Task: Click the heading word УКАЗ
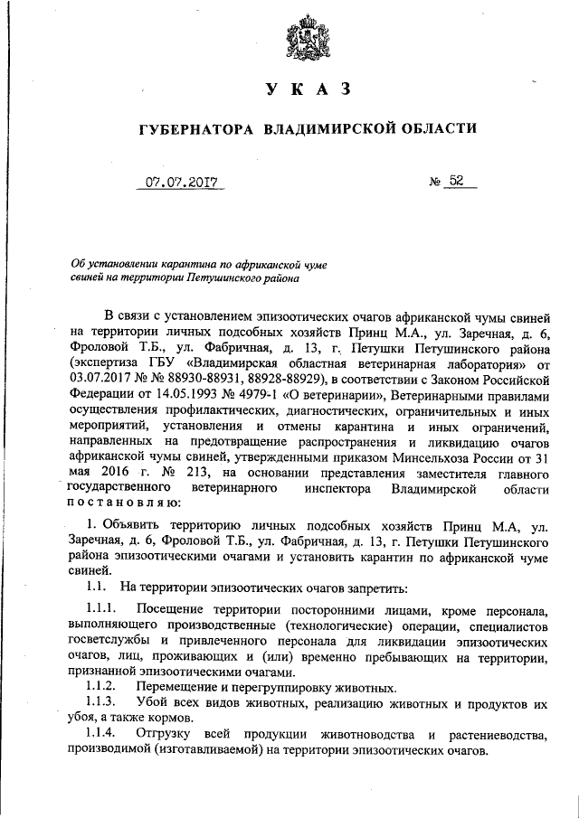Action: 307,89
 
